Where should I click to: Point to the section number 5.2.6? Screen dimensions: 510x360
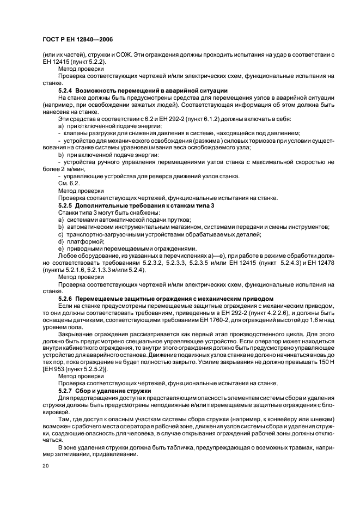click(65, 299)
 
